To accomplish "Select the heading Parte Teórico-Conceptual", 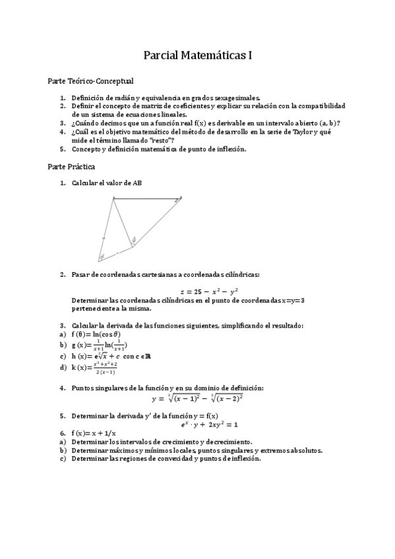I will coord(90,81).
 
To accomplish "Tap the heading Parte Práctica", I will coord(71,167).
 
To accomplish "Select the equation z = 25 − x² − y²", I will coord(209,291).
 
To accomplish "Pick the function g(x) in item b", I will coord(100,345).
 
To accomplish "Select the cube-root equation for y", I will coord(197,398).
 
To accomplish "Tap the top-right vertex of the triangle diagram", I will coord(182,198).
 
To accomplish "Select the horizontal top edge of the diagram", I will coord(148,198).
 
